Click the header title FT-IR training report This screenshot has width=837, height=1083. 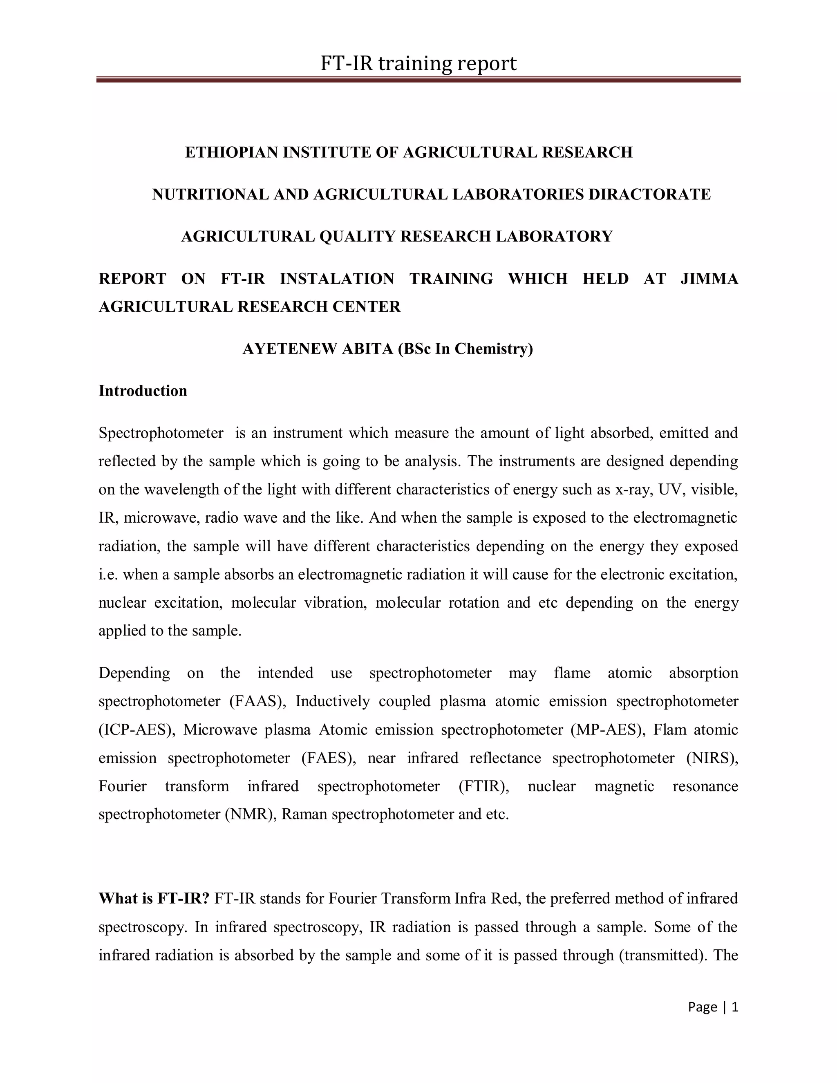coord(418,63)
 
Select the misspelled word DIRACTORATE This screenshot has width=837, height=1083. coord(649,195)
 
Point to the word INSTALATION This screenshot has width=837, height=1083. coord(337,279)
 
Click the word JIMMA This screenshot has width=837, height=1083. coord(709,279)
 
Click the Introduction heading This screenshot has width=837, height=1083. coord(143,391)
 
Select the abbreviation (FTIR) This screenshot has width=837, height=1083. coord(484,786)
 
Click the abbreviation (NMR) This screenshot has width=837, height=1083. coord(251,814)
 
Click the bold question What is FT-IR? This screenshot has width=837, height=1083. coord(154,898)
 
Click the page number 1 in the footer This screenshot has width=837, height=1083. coord(735,1007)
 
